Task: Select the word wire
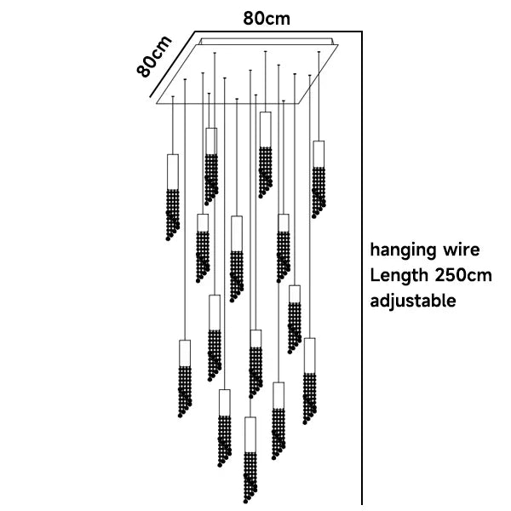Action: (x=460, y=251)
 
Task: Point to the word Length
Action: (x=398, y=276)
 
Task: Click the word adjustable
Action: (x=412, y=301)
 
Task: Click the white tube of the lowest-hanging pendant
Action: (x=250, y=433)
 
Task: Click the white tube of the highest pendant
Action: (x=265, y=129)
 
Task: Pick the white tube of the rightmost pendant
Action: (x=319, y=154)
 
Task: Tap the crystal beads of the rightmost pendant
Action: (x=319, y=192)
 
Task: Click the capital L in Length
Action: (x=374, y=276)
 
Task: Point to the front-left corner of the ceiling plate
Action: (x=158, y=105)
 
